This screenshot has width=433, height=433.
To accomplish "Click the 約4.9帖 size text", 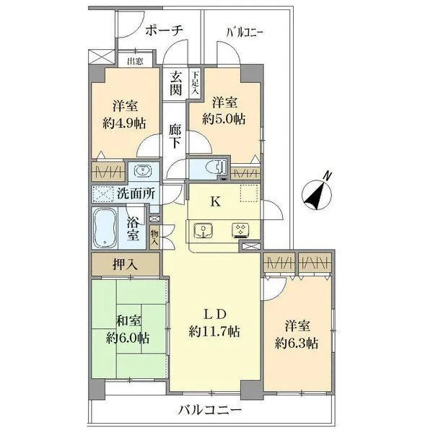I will [x=123, y=123].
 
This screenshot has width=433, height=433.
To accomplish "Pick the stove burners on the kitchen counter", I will [x=239, y=231].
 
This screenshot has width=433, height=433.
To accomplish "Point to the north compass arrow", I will [x=317, y=191].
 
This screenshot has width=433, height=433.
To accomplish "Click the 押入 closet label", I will [x=125, y=263].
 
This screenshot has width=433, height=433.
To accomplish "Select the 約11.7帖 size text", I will [x=214, y=331].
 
